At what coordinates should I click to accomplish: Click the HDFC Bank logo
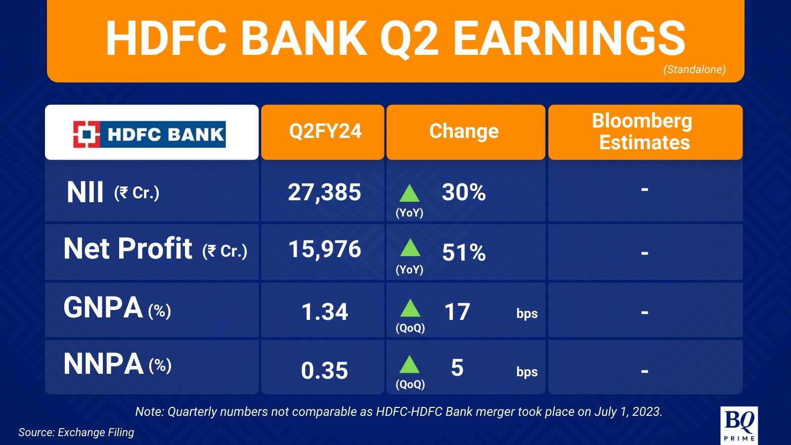click(x=149, y=134)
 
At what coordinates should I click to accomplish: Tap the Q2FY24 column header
click(x=325, y=131)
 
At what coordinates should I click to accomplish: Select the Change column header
click(x=464, y=132)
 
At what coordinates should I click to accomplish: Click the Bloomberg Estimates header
click(x=643, y=132)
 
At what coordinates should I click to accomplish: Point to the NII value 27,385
click(x=324, y=192)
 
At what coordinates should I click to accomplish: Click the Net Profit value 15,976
click(x=325, y=249)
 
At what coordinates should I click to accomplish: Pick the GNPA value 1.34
click(x=324, y=312)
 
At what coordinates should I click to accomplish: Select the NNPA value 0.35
click(x=324, y=370)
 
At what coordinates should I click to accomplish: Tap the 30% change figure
click(x=464, y=192)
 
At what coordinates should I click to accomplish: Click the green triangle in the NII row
click(x=410, y=193)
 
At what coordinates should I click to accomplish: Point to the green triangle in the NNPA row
click(x=410, y=364)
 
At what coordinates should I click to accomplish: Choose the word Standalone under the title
click(x=695, y=69)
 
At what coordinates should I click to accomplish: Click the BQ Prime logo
click(x=739, y=425)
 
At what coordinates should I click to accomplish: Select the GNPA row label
click(x=103, y=307)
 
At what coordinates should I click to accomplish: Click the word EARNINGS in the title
click(x=569, y=38)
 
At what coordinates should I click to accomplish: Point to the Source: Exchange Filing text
click(x=76, y=432)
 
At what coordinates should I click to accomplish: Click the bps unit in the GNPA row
click(x=527, y=313)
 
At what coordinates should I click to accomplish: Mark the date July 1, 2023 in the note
click(x=628, y=412)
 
